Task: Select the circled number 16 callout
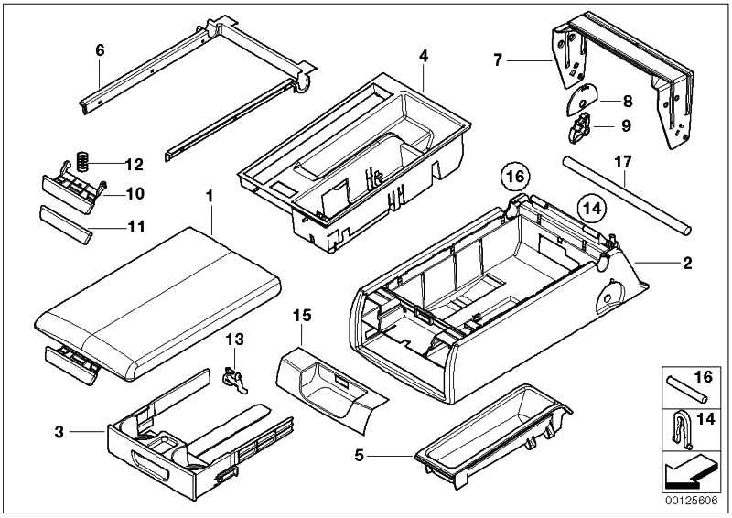[515, 177]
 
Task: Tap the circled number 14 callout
[592, 208]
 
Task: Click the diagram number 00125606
[692, 501]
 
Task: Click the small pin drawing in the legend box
[687, 389]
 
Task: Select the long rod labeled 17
[627, 196]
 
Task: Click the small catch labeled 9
[579, 127]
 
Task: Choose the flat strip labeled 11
[66, 224]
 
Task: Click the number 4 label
[424, 56]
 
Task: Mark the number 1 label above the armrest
[210, 196]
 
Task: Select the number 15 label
[302, 315]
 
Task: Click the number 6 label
[100, 50]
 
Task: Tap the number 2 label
[687, 263]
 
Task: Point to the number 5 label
[359, 455]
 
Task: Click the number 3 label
[59, 432]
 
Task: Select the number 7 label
[498, 60]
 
